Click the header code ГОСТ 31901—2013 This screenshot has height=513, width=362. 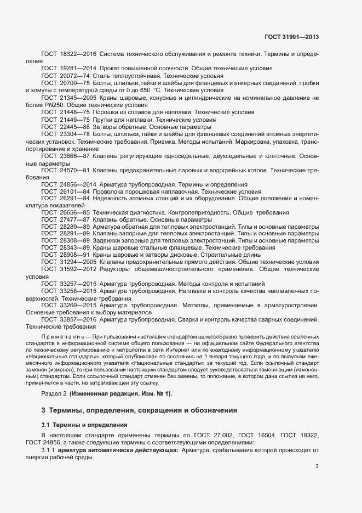tap(292, 37)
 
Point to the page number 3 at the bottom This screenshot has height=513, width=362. tap(317, 466)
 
